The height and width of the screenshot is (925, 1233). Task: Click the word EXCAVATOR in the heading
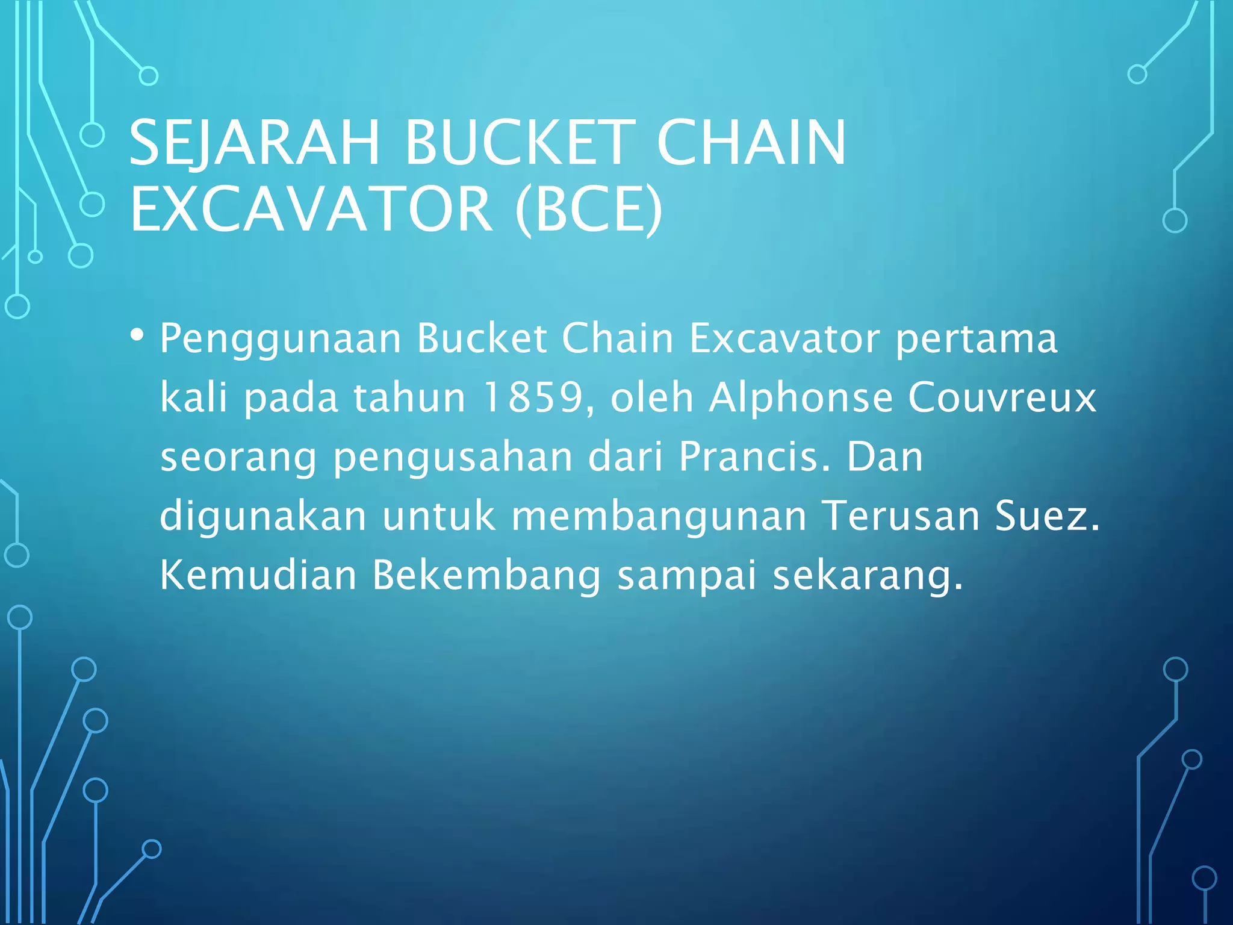coord(311,209)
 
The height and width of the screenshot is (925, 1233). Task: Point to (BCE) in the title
coord(589,209)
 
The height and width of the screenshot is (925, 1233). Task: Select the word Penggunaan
coord(280,339)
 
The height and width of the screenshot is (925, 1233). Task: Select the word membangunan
coord(659,516)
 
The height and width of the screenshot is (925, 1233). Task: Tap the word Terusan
coord(901,516)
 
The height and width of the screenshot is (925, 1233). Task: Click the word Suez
coord(1046,516)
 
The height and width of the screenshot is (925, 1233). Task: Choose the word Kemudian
coord(258,575)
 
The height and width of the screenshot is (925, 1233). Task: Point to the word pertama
coord(976,339)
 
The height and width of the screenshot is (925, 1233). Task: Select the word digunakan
coord(263,517)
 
